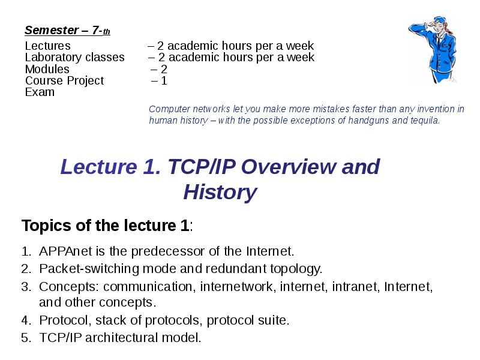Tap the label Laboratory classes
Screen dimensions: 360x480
pyautogui.click(x=74, y=58)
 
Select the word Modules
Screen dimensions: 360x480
pyautogui.click(x=47, y=69)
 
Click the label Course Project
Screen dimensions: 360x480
pyautogui.click(x=64, y=80)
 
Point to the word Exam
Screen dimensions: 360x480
pyautogui.click(x=40, y=92)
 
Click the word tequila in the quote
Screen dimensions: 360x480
pyautogui.click(x=422, y=120)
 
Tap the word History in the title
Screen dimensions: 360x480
pyautogui.click(x=220, y=193)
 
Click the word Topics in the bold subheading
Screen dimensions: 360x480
pyautogui.click(x=44, y=226)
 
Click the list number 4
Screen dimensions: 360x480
pyautogui.click(x=25, y=320)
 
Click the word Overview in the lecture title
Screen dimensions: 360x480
pyautogui.click(x=290, y=167)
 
